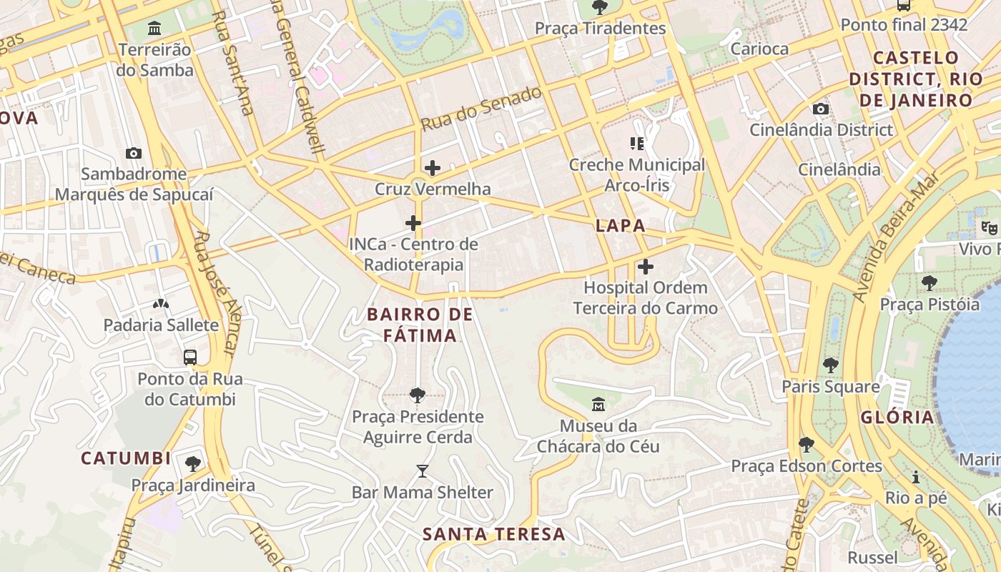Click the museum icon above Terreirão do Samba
[x=154, y=29]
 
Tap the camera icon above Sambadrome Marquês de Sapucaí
[x=133, y=153]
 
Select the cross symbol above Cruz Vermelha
[x=432, y=168]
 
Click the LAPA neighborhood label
[x=621, y=226]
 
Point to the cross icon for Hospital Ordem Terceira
[x=645, y=267]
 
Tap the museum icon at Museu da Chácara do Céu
[x=598, y=405]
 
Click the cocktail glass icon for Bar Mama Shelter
[x=422, y=470]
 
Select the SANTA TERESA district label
[x=493, y=534]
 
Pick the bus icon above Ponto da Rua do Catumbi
[x=190, y=357]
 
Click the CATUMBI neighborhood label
[x=126, y=458]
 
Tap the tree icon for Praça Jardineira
[x=192, y=464]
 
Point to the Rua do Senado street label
[x=480, y=109]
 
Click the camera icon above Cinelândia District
[x=821, y=109]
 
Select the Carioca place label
[x=759, y=49]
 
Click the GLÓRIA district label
[x=897, y=418]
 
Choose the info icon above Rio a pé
[x=916, y=477]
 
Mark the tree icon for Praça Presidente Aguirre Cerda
[x=418, y=395]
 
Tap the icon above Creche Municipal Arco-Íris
[x=636, y=144]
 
